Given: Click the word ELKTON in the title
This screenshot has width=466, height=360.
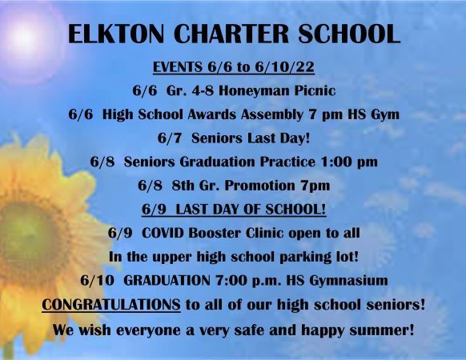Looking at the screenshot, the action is pos(116,34).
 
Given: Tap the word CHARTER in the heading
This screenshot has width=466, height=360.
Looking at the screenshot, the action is pos(231,34).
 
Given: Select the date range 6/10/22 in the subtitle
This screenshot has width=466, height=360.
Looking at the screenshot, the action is pos(284,67).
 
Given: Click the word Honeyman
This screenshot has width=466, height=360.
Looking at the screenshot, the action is pos(254,91).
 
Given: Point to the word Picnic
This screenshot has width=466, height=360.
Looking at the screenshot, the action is pos(315,90).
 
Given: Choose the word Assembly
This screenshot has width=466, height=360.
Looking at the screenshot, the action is pos(272,114).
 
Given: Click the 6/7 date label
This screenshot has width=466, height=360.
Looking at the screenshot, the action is pos(169,138).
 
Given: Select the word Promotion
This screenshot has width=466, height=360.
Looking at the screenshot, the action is pos(259,186).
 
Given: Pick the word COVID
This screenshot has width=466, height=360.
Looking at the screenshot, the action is pos(163,233).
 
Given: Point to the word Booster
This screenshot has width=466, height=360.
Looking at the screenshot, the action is pos(215,233).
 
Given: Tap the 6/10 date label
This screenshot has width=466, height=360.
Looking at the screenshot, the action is pos(97,281).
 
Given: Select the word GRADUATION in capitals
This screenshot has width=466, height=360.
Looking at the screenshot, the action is pos(167,281).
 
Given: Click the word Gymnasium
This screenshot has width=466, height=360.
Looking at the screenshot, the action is pos(348,281).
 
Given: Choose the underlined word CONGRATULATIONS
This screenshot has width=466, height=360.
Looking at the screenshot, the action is pos(111,305).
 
